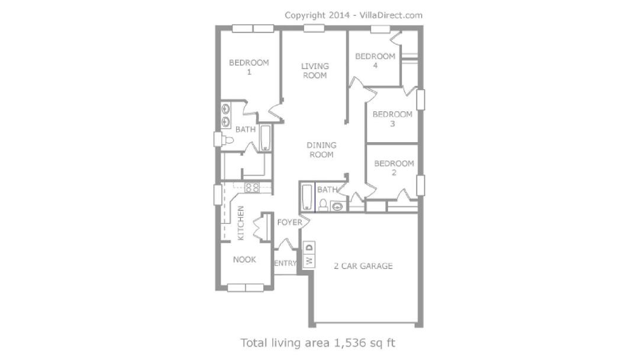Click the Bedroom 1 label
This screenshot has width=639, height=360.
[248, 67]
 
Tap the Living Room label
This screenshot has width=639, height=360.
[315, 70]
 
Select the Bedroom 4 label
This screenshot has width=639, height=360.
[375, 60]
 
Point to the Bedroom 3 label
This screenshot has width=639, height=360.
[392, 118]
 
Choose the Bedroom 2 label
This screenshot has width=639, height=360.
[393, 168]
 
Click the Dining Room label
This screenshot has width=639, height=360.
[321, 150]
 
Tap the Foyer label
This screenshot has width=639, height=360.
[290, 222]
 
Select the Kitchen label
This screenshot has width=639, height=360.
[240, 223]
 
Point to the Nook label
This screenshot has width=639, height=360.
[244, 259]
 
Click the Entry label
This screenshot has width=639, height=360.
[285, 263]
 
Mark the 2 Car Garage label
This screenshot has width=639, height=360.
[363, 266]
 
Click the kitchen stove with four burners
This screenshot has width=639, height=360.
[252, 188]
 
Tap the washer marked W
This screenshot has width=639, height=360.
[309, 260]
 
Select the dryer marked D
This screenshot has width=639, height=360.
[309, 247]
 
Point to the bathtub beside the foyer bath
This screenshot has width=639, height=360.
[307, 197]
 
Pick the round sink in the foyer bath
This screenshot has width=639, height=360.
[337, 206]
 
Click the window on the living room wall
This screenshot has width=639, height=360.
[314, 28]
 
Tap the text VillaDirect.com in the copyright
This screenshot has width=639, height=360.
[392, 15]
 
